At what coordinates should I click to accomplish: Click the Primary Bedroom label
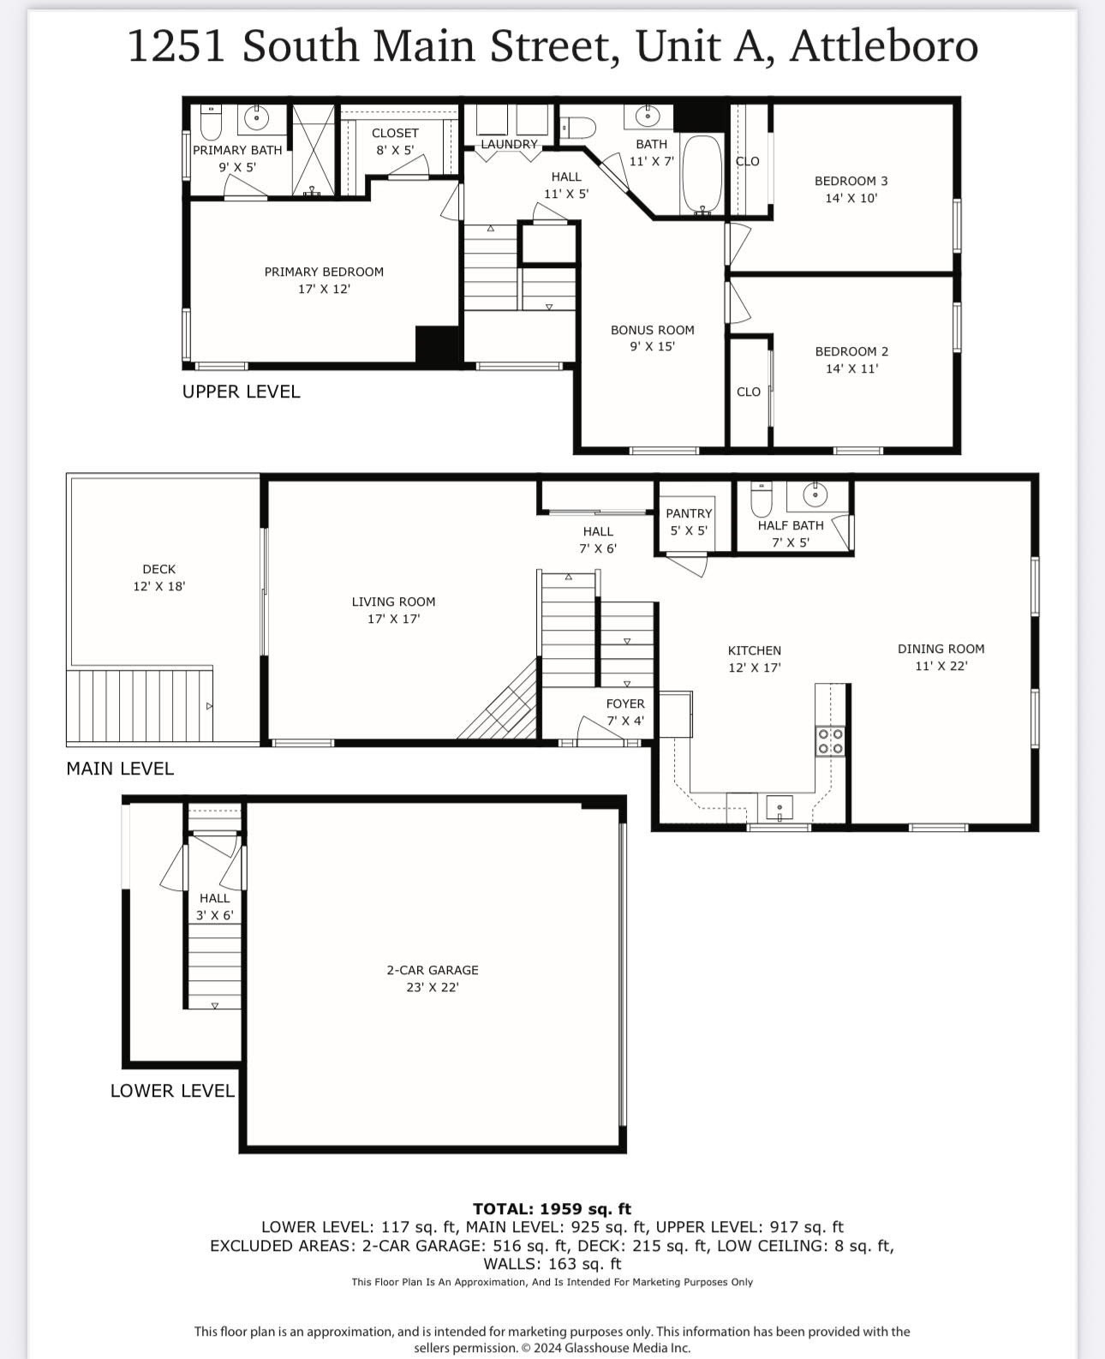tap(324, 272)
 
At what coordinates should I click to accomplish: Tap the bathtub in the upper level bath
tap(702, 174)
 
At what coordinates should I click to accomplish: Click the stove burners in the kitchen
tap(830, 740)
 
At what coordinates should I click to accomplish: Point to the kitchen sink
tap(779, 806)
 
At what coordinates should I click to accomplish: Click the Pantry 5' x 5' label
tap(689, 522)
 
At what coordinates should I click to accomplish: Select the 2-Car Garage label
tap(433, 970)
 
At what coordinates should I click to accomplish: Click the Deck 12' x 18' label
tap(159, 578)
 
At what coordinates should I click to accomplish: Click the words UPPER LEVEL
tap(241, 392)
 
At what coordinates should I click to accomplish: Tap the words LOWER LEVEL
tap(172, 1091)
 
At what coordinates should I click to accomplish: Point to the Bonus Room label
tap(652, 330)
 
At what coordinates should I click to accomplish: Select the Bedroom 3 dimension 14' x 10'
tap(851, 198)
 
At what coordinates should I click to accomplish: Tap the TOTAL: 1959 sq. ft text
tap(552, 1209)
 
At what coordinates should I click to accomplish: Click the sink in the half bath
tap(815, 494)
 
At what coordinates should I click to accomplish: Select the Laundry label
tap(509, 144)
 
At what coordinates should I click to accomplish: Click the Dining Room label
tap(941, 649)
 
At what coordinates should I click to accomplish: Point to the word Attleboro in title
tap(883, 46)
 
